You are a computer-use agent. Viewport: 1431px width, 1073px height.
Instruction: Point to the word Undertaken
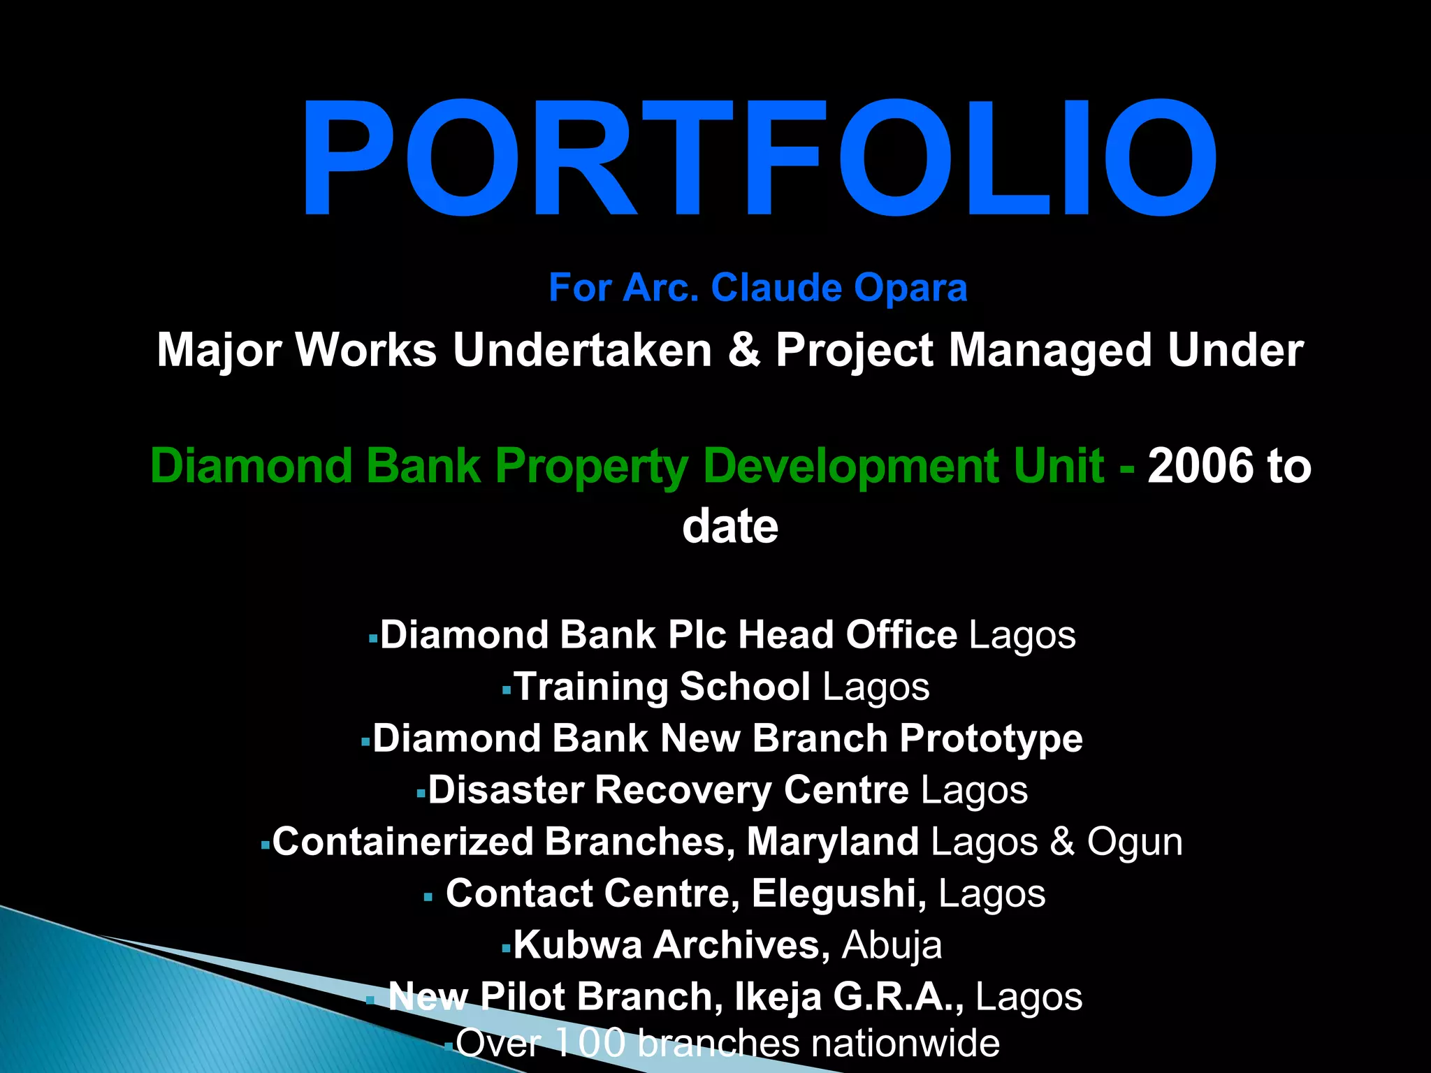coord(581,349)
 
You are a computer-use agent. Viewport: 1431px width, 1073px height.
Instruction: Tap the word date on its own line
coord(729,526)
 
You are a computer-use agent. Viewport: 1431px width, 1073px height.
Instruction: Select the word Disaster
coord(506,790)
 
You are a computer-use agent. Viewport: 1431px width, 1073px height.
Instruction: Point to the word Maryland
coord(832,842)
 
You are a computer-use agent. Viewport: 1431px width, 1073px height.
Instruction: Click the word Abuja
coord(892,945)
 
